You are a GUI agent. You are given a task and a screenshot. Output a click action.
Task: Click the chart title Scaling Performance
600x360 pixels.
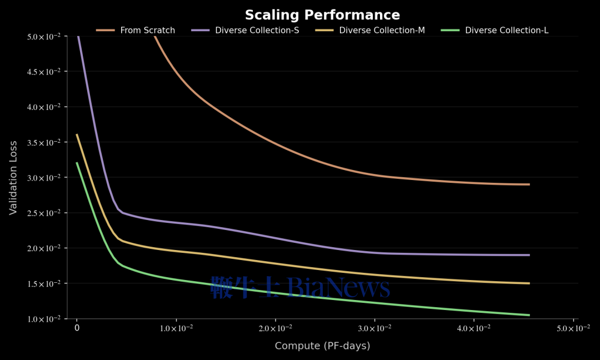[x=322, y=15]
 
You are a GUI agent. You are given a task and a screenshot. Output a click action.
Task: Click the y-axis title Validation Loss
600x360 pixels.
[x=13, y=177]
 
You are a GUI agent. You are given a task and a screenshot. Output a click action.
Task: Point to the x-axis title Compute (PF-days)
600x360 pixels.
[x=322, y=346]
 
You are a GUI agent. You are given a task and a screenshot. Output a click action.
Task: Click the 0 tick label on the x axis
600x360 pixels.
[x=77, y=328]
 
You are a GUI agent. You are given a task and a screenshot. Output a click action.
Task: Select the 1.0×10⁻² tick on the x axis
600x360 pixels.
[x=176, y=328]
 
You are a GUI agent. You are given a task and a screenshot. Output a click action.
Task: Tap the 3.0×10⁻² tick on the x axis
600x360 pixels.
[x=374, y=328]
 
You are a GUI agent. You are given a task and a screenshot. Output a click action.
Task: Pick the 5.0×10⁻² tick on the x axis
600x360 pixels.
[x=573, y=328]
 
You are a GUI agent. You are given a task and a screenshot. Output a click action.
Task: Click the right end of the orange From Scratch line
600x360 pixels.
[x=529, y=184]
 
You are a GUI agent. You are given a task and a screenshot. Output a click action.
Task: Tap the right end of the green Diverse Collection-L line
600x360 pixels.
[x=529, y=315]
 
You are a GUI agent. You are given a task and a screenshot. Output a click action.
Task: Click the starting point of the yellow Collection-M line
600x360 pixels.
[x=77, y=134]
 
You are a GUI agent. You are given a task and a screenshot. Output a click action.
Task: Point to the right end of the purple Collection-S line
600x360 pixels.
[x=529, y=255]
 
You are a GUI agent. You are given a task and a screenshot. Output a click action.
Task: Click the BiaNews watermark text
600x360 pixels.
[x=300, y=288]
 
